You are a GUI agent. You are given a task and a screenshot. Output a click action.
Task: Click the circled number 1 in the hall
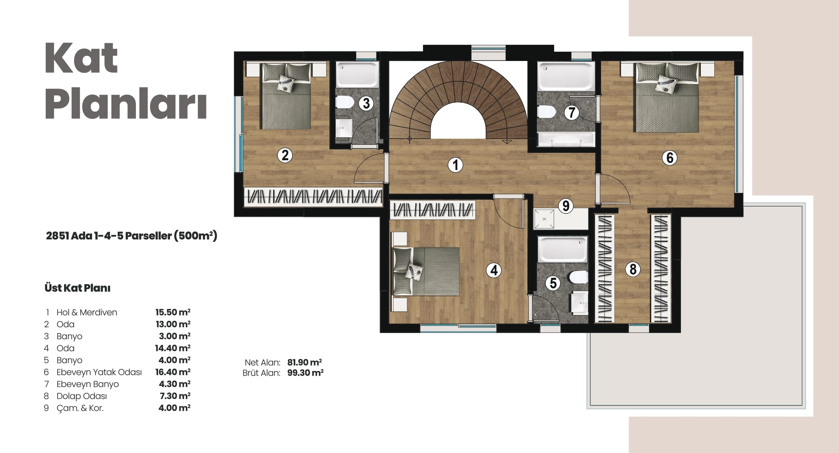coord(455,165)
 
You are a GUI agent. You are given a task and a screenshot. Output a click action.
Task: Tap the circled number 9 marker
coord(565,206)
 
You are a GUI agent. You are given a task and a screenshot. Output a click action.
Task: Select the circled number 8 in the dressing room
coord(633,269)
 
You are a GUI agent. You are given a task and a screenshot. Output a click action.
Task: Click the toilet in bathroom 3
coord(345,102)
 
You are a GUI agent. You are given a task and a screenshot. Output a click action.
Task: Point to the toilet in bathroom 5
coord(579,277)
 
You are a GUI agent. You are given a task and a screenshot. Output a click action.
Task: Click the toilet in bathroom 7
coord(547,112)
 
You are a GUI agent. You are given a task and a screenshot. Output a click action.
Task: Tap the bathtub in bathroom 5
coord(563,249)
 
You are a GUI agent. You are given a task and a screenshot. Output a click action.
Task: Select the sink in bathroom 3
coord(344,128)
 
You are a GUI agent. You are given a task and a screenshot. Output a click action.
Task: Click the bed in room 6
coord(667,98)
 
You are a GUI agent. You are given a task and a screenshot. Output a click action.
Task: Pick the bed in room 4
coord(426,271)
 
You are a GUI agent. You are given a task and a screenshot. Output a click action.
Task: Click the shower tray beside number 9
coord(544,219)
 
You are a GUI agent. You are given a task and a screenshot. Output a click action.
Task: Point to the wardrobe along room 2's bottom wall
coord(313,197)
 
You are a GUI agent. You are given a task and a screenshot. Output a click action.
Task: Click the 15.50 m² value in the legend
coord(173,312)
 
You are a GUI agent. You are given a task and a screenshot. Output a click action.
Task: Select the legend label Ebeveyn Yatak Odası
coord(99,372)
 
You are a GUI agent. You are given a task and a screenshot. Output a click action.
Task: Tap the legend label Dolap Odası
coord(82,396)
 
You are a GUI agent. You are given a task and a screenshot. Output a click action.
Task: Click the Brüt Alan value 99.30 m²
coord(306,373)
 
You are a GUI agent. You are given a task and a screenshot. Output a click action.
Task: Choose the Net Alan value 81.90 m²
coord(305,362)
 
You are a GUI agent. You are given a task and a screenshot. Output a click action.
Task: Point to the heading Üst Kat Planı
coord(78,288)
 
